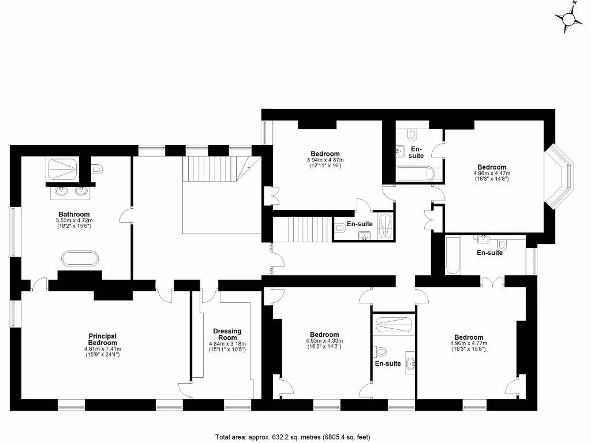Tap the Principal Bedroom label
click(x=103, y=339)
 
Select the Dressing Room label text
click(x=227, y=335)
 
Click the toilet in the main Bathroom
click(x=97, y=169)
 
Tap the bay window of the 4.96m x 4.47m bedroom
click(x=562, y=177)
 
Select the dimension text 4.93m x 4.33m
click(x=324, y=341)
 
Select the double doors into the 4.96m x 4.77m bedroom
click(x=493, y=282)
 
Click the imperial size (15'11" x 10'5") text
click(x=227, y=350)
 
